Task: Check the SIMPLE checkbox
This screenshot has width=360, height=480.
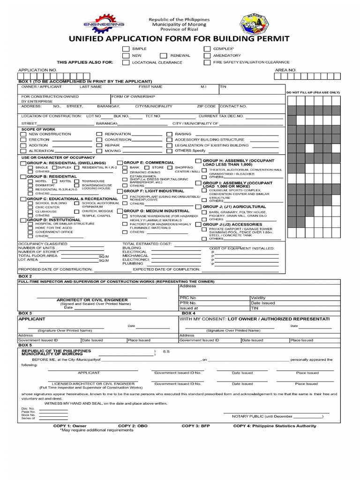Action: (x=126, y=49)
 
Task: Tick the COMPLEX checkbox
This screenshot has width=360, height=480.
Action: (x=207, y=49)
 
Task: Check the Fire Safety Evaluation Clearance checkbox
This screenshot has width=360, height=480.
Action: (x=207, y=62)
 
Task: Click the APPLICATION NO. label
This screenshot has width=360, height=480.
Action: (x=37, y=70)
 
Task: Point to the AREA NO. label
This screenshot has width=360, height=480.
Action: (x=285, y=70)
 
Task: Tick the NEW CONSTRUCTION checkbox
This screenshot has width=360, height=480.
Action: (x=23, y=134)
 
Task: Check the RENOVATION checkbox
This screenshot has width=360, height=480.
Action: (x=99, y=134)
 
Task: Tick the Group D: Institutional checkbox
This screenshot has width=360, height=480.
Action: (x=23, y=219)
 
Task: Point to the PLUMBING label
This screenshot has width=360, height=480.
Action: (x=133, y=263)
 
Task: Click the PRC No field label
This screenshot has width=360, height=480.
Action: (x=188, y=298)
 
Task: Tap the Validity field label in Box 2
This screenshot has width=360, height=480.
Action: (x=258, y=298)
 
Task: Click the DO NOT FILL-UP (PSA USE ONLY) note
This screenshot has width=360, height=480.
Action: (x=313, y=92)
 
